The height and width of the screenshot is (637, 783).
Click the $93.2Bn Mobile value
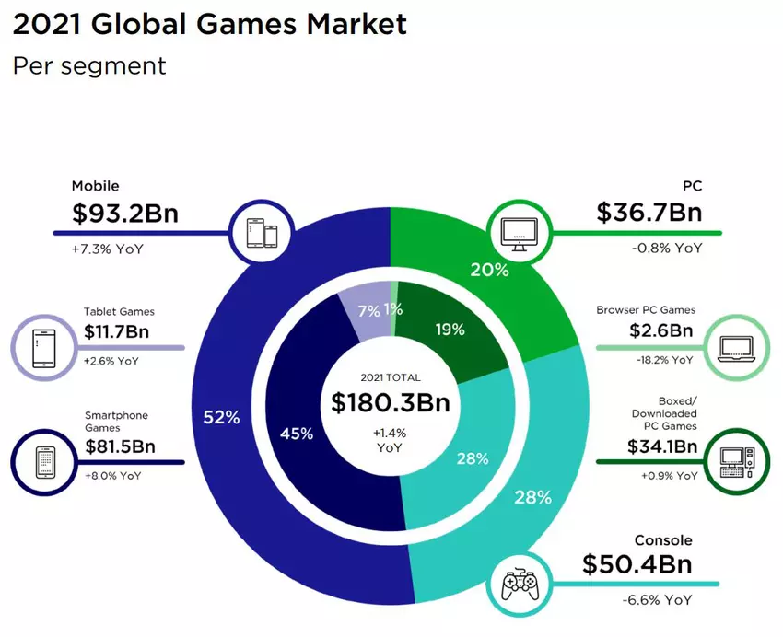click(x=124, y=214)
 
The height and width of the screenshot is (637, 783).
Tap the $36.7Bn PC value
click(x=649, y=213)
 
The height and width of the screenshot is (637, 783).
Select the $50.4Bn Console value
click(x=636, y=563)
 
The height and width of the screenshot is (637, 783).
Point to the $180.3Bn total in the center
click(x=391, y=403)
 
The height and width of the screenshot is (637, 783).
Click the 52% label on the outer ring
click(x=221, y=417)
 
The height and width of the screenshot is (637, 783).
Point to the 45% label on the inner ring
click(x=296, y=433)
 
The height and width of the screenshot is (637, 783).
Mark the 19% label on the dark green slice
click(x=449, y=329)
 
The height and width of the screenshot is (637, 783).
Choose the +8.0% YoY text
click(x=112, y=476)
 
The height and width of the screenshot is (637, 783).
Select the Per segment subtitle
click(x=88, y=66)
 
